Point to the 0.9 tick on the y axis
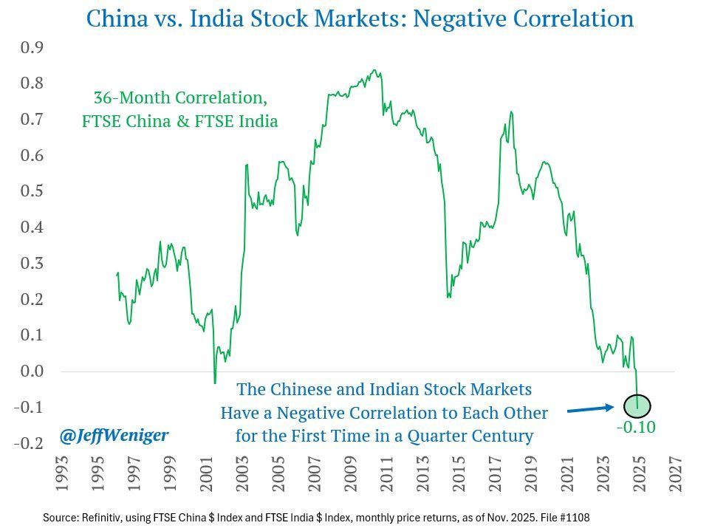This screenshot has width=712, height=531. pos(31,49)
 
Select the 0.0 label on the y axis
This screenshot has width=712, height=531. pos(31,371)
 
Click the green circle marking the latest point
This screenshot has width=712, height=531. pos(637,405)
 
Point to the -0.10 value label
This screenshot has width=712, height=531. pos(637,427)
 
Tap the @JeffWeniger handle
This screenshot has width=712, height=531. pos(114,436)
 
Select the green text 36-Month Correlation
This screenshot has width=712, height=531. pos(180,98)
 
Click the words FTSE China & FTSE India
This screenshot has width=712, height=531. pos(180,122)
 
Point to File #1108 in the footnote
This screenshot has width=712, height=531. pos(562,518)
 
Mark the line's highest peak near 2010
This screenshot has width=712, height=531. pos(375,71)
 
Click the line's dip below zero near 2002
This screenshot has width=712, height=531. pos(215,383)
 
